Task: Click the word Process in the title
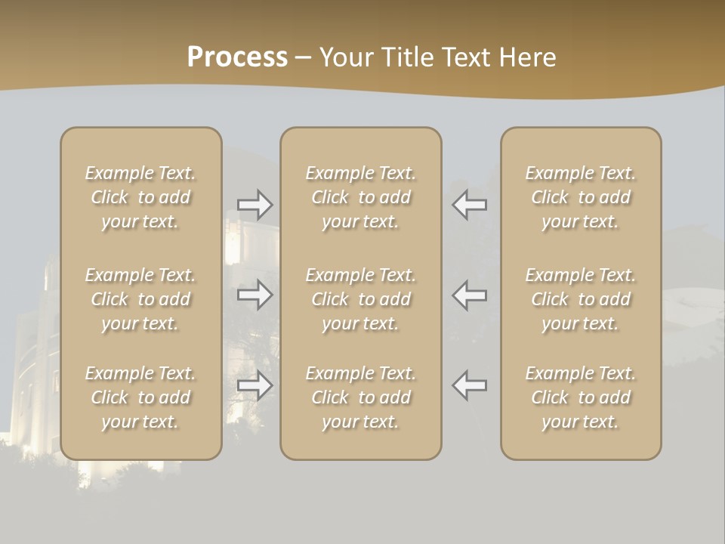pos(237,57)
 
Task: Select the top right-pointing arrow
pos(255,205)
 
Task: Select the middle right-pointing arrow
pos(255,295)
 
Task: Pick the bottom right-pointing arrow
pos(255,385)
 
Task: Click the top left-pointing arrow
pos(469,205)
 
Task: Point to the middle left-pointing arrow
pos(469,295)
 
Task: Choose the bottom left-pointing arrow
pos(469,385)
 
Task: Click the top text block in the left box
pos(140,197)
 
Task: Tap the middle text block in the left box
pos(140,299)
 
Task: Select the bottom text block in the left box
pos(140,397)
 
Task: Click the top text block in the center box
pos(360,197)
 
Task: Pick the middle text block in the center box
pos(360,299)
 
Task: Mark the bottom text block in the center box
pos(360,397)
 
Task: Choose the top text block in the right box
pos(580,197)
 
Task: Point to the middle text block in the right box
pos(580,299)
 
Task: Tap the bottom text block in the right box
pos(580,397)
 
